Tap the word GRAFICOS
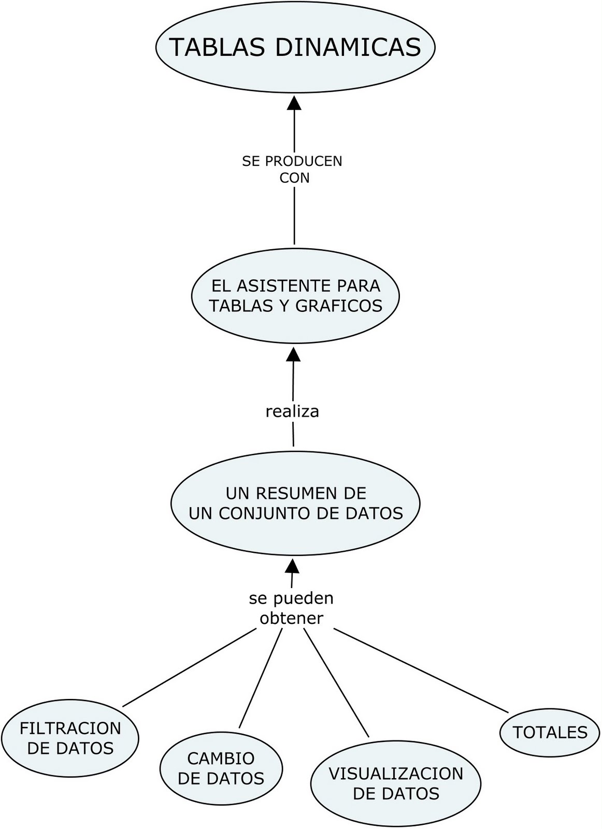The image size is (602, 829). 339,306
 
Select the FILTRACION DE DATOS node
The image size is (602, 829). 70,738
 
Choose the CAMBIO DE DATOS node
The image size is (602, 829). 221,768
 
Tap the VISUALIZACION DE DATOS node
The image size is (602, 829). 396,783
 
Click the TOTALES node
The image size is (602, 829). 550,732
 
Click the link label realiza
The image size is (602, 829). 292,411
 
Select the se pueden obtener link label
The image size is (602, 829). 291,608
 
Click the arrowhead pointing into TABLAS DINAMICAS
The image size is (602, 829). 294,102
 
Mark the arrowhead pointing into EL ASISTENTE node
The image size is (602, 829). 294,354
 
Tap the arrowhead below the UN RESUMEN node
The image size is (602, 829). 293,565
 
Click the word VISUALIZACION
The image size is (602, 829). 396,774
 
